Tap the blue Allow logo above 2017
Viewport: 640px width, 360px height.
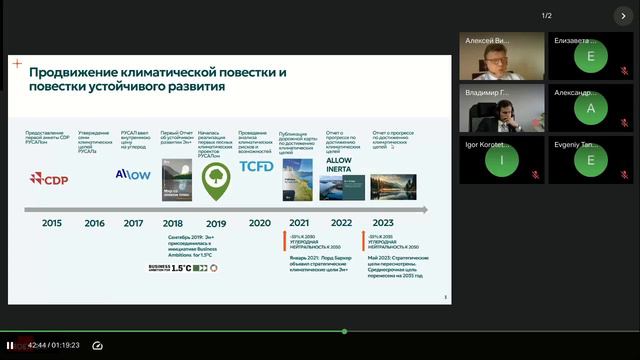click(x=133, y=174)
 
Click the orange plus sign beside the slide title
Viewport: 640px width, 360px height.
click(x=17, y=64)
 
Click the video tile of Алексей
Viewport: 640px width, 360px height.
click(x=502, y=57)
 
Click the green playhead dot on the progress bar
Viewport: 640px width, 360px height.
click(x=344, y=331)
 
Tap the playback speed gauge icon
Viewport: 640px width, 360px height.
click(x=98, y=346)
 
